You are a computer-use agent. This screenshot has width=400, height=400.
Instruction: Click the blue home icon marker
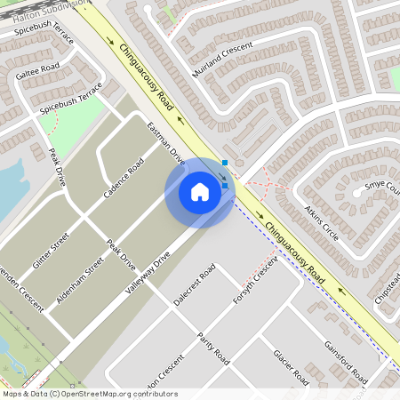(200, 192)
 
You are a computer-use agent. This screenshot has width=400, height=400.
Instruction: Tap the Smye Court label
(385, 188)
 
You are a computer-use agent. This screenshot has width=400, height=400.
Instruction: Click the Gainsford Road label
(346, 361)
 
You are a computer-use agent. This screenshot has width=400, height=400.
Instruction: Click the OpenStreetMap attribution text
(90, 393)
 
